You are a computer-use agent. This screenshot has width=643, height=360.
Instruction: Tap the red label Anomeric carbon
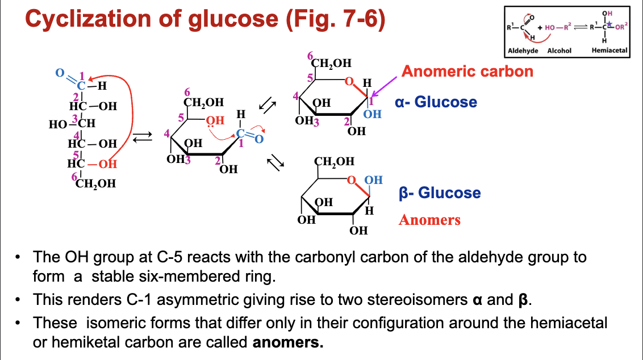467,71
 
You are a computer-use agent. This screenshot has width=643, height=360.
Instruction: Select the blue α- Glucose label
436,102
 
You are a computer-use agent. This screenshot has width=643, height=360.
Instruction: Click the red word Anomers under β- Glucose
429,220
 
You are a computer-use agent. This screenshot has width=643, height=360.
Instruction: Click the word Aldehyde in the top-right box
523,51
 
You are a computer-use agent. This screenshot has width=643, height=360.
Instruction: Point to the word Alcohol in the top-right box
559,51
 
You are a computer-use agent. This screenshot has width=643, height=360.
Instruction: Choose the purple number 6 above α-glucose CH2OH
310,56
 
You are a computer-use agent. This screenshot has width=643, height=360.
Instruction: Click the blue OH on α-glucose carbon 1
372,114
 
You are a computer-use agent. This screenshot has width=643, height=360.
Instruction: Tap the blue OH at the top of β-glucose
373,181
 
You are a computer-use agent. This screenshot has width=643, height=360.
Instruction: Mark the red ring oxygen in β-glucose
352,181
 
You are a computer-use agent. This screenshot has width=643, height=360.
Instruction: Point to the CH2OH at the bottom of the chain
95,183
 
